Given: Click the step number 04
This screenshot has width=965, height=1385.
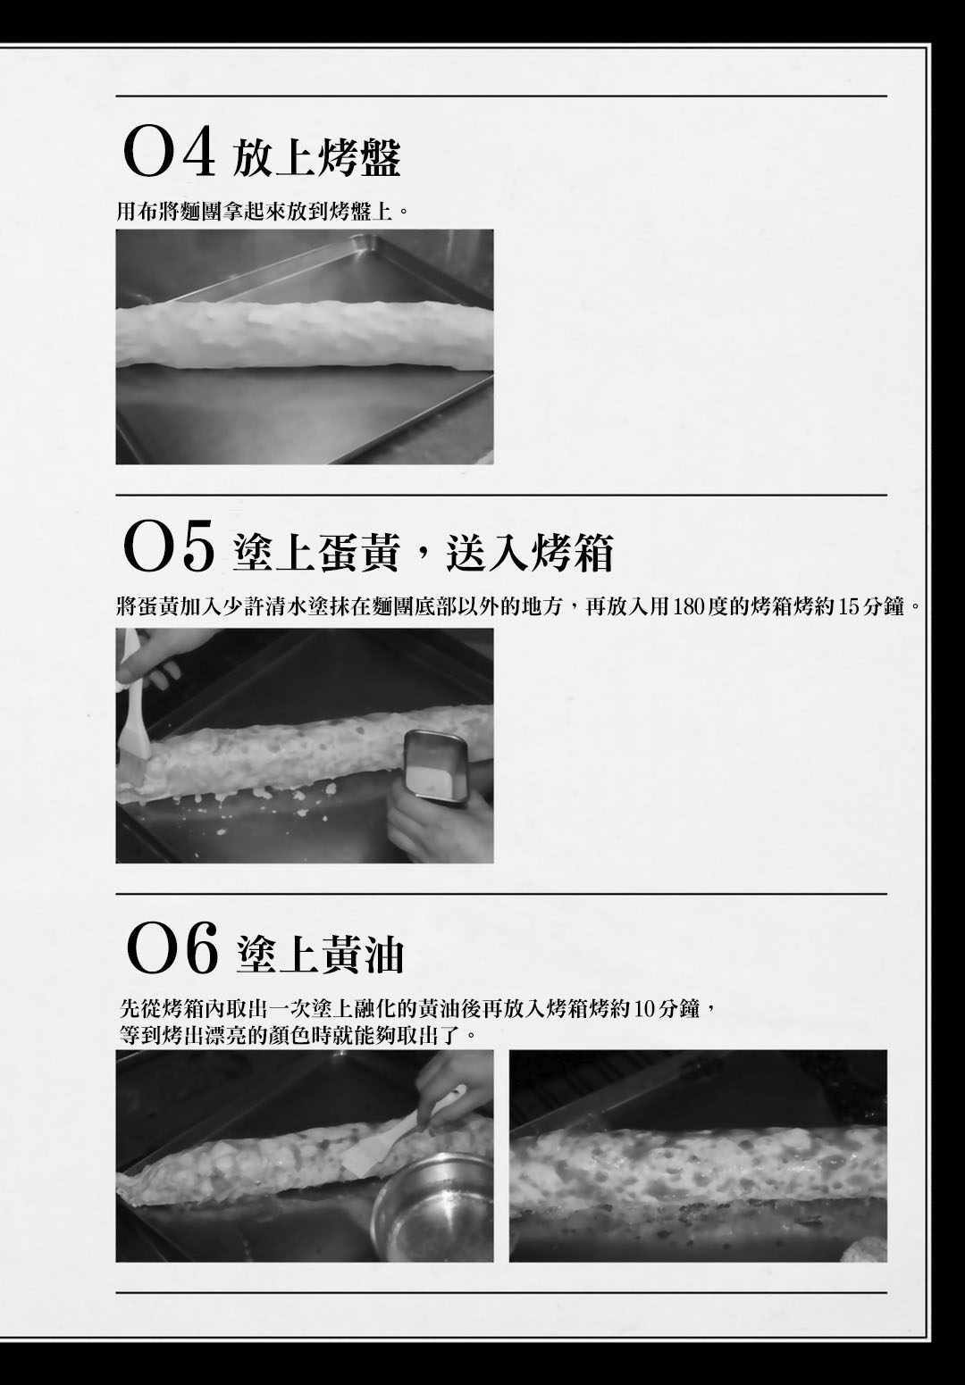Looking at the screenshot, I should [169, 154].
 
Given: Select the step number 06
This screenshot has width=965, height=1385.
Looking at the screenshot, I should [172, 949].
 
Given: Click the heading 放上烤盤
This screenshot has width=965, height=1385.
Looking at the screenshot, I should [316, 158].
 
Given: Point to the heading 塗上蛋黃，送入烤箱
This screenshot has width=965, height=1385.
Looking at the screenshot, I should [423, 552].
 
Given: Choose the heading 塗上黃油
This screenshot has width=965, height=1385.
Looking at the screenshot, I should [321, 953].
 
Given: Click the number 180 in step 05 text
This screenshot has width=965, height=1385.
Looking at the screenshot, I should [692, 607].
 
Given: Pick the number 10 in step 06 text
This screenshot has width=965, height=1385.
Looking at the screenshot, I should [643, 1009].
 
